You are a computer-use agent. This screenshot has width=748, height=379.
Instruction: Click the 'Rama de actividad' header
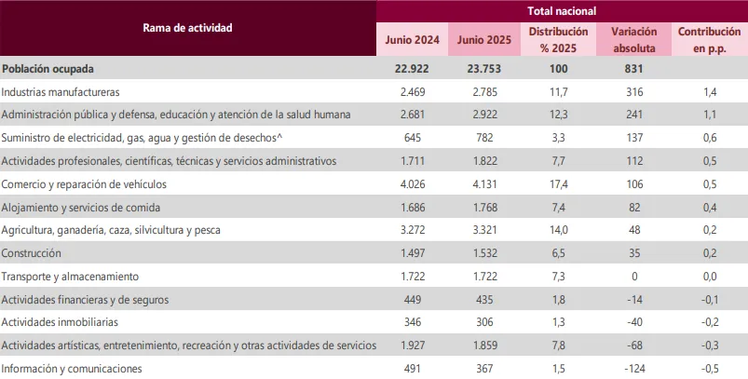tap(187, 27)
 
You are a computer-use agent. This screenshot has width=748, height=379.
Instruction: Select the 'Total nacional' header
tap(562, 11)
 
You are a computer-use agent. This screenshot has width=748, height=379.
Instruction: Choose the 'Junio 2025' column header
tap(484, 40)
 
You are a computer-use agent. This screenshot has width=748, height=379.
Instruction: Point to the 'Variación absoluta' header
tap(634, 40)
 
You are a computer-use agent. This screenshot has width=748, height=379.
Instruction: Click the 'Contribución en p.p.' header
tap(709, 40)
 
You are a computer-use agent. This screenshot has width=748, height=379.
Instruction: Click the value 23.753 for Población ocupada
tap(484, 69)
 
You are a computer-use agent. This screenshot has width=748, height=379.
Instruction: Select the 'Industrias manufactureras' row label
tap(61, 92)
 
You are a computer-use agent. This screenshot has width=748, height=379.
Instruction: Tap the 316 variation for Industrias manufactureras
tap(634, 92)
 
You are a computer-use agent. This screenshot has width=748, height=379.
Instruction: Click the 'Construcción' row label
tap(32, 253)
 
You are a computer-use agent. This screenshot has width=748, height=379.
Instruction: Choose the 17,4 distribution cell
tap(559, 184)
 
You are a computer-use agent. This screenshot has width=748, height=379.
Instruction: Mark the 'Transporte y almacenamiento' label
tap(70, 277)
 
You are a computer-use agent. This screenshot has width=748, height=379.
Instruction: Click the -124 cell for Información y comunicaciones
tap(634, 369)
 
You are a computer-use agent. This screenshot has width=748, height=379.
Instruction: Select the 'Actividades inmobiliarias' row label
tap(60, 322)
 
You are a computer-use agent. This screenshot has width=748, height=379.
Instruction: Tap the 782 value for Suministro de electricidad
tap(484, 139)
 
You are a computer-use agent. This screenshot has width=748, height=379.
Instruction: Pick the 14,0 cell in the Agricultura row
tap(559, 230)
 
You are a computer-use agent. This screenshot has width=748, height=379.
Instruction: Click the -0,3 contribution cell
tap(709, 345)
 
